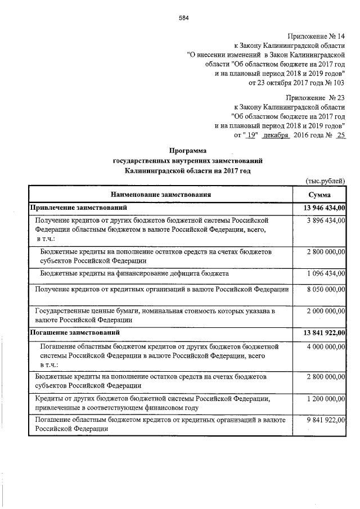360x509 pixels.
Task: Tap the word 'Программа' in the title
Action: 188,151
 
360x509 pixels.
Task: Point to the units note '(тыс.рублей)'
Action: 325,181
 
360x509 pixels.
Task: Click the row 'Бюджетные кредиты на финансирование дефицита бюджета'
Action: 134,273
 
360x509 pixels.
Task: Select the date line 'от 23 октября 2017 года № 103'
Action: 296,83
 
